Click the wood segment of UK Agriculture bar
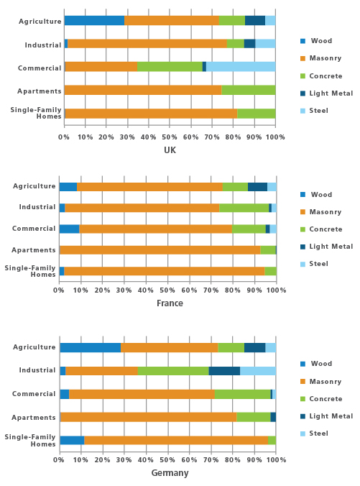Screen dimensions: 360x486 point(95,20)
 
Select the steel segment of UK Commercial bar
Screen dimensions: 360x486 point(241,67)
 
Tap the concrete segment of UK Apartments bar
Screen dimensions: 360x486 point(249,90)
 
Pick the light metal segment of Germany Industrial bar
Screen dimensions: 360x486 point(224,371)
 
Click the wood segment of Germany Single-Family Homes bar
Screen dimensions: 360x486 point(72,440)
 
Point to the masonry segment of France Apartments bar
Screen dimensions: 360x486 point(160,249)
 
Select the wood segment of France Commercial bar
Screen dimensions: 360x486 point(70,229)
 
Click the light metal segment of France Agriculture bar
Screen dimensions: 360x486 point(257,187)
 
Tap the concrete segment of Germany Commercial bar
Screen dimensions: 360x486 point(243,394)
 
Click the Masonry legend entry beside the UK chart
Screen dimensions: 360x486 point(321,58)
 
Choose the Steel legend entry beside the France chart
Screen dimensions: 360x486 point(314,264)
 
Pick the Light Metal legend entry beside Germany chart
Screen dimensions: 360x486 point(326,416)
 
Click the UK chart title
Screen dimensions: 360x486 point(170,150)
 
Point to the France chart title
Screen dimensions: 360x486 point(170,303)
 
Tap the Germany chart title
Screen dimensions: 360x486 point(170,472)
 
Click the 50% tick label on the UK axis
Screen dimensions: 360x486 point(170,137)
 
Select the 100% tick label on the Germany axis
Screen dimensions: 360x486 point(276,459)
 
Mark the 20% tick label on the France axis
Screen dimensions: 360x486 point(103,290)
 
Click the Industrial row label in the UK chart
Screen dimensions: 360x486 point(43,45)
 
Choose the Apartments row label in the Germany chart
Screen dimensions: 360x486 point(34,418)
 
